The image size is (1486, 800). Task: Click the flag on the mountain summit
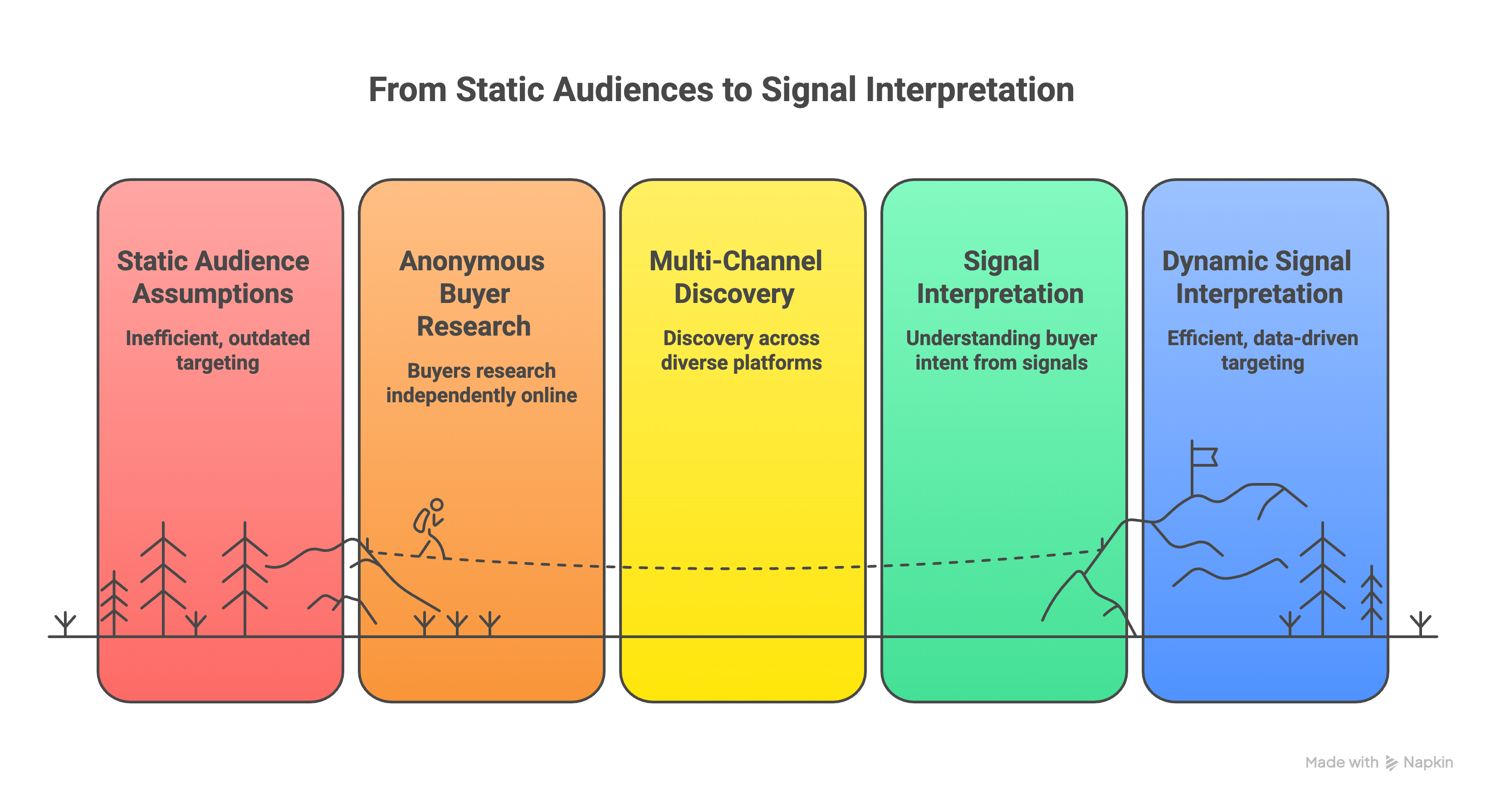point(1204,457)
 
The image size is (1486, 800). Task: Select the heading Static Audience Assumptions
point(213,278)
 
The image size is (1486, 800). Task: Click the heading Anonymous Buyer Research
point(473,293)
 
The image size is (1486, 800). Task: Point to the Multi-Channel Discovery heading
point(735,278)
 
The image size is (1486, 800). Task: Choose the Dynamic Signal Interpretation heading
point(1257,278)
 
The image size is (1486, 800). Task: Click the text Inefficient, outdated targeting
point(217,350)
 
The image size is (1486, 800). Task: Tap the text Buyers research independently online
point(481,383)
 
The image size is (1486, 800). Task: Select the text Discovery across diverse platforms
point(741,350)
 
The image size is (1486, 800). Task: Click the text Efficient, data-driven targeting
point(1262,350)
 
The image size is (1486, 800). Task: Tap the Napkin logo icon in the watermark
point(1391,763)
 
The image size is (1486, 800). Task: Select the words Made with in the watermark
point(1341,762)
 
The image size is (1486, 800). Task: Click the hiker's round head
point(437,505)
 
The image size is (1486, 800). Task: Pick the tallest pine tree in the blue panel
point(1322,577)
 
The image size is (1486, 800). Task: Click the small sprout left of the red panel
point(65,624)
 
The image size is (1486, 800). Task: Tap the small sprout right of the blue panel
point(1420,624)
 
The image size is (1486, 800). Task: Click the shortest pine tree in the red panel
point(114,603)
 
